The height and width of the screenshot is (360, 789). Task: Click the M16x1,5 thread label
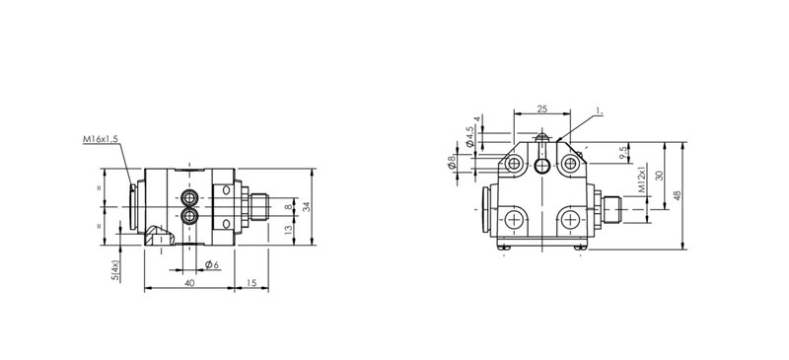pos(101,139)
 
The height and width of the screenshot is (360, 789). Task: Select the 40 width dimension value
pos(189,283)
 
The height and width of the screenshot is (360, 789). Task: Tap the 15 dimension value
pos(251,283)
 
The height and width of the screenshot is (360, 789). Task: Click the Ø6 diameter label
pos(212,265)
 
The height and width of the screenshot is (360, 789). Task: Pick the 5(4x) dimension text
pos(115,270)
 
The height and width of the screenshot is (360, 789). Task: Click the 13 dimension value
pos(288,230)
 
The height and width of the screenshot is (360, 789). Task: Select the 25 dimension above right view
pos(541,108)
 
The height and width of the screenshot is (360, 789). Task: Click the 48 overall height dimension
pos(678,195)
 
